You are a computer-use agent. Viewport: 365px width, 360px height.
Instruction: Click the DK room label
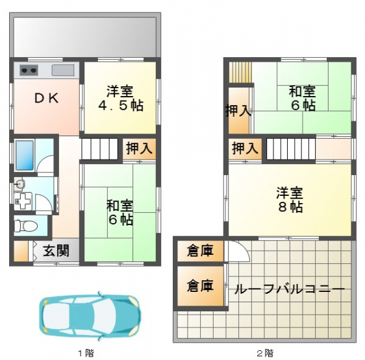(47, 98)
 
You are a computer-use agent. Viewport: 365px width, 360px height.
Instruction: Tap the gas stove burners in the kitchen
(29, 70)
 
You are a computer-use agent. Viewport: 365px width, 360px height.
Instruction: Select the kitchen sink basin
(63, 70)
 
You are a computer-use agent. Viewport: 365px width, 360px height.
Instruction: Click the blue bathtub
(25, 155)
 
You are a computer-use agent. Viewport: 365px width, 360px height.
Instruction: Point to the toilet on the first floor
(25, 226)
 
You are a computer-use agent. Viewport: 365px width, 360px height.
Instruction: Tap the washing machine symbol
(23, 201)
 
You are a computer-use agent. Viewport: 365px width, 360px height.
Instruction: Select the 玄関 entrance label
(56, 250)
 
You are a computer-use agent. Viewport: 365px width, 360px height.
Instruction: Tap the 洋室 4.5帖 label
(120, 98)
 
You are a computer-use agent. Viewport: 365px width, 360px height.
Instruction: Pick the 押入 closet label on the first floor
(140, 148)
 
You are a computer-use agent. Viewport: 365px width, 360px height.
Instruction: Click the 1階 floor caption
(86, 354)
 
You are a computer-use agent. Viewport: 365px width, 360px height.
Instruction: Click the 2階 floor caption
(265, 354)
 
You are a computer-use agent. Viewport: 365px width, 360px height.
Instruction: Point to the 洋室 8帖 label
(290, 199)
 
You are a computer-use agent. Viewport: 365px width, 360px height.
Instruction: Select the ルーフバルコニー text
(290, 289)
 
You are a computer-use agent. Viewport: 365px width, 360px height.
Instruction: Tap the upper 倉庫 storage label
(200, 250)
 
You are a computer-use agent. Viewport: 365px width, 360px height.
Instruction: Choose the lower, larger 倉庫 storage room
(201, 286)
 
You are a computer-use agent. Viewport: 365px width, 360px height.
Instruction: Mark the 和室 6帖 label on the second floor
(303, 98)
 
